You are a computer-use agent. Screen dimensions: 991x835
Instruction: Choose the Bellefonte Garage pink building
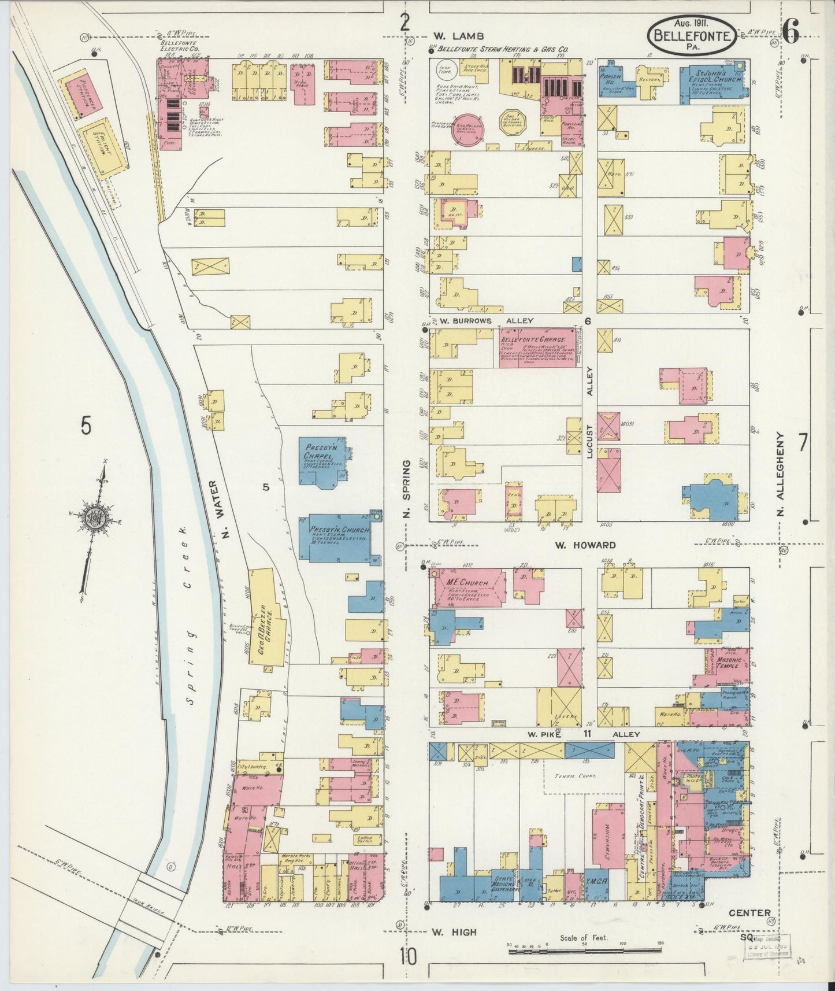point(537,347)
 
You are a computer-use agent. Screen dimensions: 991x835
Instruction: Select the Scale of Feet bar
point(584,951)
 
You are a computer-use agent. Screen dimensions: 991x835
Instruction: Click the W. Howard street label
point(585,545)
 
